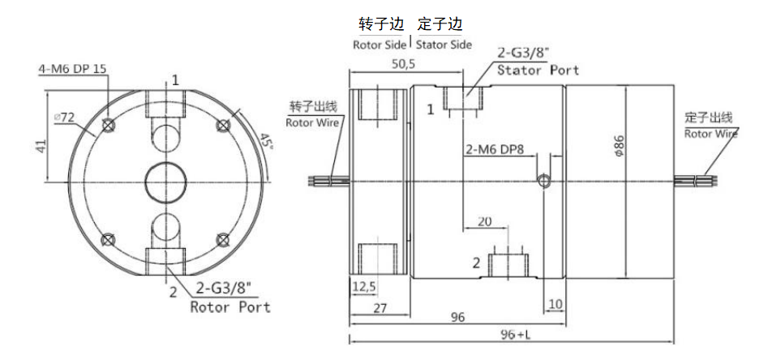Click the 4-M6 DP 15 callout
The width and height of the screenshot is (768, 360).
(x=73, y=69)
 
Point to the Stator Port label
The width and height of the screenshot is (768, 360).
(x=538, y=71)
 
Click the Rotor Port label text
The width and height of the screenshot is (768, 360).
(x=230, y=307)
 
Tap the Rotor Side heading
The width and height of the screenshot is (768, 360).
(x=380, y=45)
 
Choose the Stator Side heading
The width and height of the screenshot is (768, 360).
(x=444, y=45)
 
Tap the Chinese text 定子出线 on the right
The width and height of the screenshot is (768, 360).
(x=709, y=118)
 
